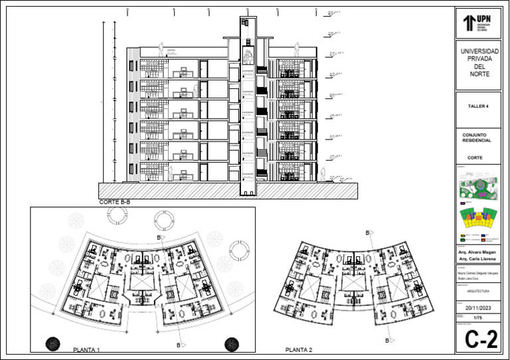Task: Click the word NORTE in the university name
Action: [479, 74]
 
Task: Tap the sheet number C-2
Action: [481, 339]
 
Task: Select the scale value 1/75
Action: [477, 319]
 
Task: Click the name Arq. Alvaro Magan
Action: [477, 253]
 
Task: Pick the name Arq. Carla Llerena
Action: [477, 260]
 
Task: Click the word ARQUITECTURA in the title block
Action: [477, 291]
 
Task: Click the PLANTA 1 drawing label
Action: [86, 349]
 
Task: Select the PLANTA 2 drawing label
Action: [299, 349]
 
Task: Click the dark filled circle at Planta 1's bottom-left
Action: [52, 343]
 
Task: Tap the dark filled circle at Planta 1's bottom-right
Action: [231, 343]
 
